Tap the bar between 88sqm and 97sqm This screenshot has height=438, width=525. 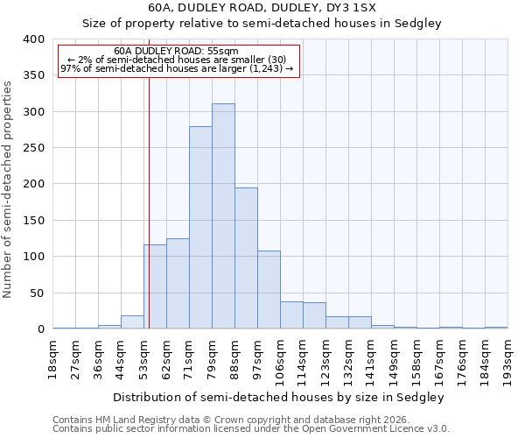(246, 258)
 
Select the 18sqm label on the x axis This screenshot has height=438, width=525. (53, 359)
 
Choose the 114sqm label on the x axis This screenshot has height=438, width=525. (304, 362)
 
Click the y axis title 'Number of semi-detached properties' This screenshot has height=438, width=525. (9, 188)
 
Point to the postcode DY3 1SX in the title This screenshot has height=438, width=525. (359, 8)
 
